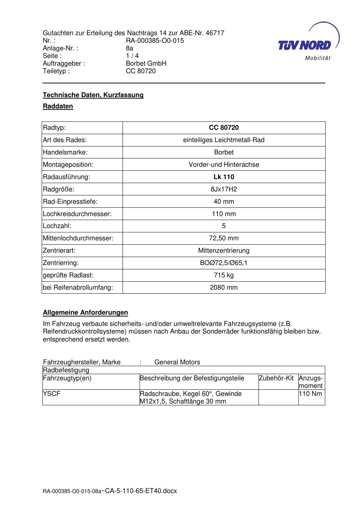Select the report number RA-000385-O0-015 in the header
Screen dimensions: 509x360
(155, 41)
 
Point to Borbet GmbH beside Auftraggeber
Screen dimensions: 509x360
(146, 63)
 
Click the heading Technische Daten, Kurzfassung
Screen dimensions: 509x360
(93, 95)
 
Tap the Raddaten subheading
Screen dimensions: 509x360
(58, 106)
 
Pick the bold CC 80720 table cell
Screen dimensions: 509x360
(224, 128)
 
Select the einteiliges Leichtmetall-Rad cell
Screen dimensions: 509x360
(224, 140)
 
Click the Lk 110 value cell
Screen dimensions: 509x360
(224, 177)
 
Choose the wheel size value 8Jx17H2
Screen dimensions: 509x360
(224, 189)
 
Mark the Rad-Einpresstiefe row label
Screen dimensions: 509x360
(70, 202)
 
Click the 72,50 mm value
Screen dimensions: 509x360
(224, 238)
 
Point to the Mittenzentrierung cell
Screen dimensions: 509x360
(224, 251)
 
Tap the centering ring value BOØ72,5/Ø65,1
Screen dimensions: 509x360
(224, 263)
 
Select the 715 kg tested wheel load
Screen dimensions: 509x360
(224, 275)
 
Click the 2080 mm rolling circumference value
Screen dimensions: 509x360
(224, 287)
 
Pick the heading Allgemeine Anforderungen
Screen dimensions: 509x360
(86, 313)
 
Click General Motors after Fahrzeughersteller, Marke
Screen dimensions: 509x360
(177, 362)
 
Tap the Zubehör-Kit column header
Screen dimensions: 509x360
(276, 378)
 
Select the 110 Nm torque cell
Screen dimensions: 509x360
(311, 394)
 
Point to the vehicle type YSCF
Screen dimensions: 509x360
(51, 394)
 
